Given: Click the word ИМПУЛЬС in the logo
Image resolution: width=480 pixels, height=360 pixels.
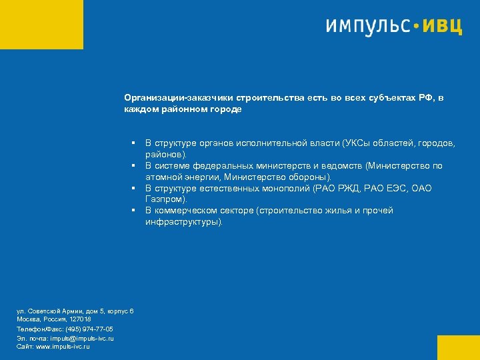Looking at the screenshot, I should tap(367, 26).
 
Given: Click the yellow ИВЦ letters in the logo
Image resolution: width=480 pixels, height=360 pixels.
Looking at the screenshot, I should tap(443, 26).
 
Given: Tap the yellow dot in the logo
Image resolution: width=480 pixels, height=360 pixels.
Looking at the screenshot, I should tap(417, 27).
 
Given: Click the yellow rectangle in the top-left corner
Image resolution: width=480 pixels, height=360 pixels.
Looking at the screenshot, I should tap(41, 24).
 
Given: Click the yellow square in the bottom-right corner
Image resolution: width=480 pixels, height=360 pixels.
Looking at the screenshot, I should tap(458, 347).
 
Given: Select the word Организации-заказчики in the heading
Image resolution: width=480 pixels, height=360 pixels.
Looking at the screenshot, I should tap(175, 97).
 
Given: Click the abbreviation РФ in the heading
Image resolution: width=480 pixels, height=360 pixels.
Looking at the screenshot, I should tap(427, 97).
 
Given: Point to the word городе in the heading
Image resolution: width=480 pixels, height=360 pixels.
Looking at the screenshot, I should tap(227, 109).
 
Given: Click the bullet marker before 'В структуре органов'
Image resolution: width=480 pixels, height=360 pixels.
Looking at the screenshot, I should tap(134, 143).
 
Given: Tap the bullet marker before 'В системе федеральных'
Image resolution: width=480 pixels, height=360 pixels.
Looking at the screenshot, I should tap(134, 166).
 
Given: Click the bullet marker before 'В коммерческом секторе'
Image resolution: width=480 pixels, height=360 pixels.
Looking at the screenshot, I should tap(134, 211).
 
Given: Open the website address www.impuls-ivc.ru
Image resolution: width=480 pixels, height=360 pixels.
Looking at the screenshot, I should tap(63, 347).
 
